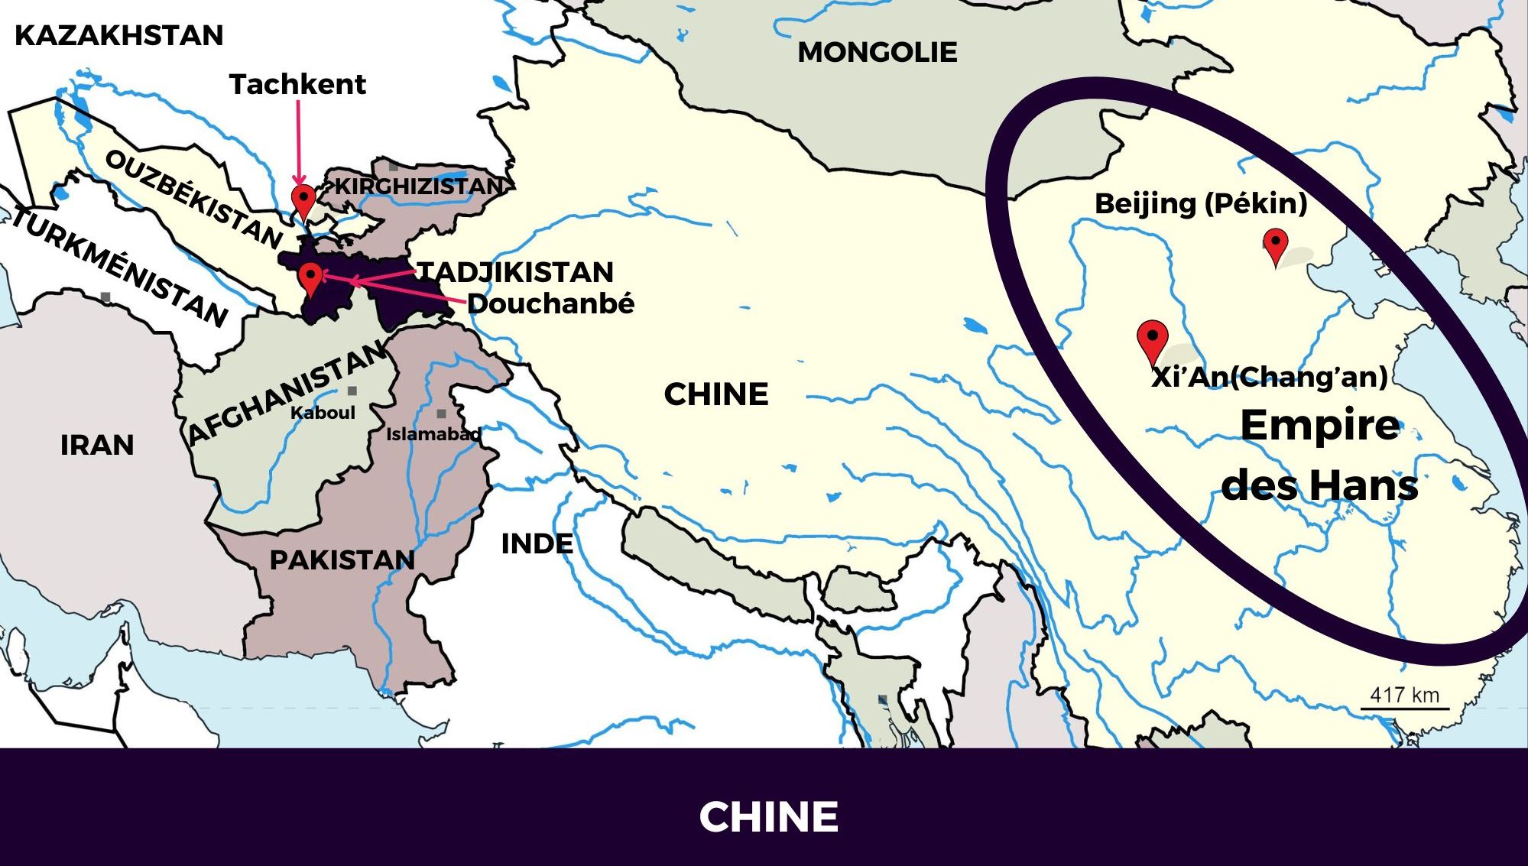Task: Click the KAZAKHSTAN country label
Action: coord(118,35)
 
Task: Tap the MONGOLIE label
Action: coord(877,52)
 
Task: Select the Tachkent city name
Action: coord(297,84)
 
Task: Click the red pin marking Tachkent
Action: coord(303,200)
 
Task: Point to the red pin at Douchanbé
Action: coord(310,277)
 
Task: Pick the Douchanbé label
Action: coord(550,303)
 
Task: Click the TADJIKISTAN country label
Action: coord(515,272)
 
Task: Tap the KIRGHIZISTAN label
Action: coord(419,186)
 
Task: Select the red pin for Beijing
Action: coord(1275,245)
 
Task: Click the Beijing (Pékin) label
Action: coord(1201,203)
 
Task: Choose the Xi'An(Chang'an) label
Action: coord(1269,377)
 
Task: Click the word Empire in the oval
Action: coord(1319,425)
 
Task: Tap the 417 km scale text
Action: coord(1404,695)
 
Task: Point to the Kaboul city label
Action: coord(323,413)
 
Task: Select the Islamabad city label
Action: coord(433,434)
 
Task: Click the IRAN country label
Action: coord(97,445)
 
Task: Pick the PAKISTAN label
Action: coord(342,559)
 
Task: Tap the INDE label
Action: coord(537,543)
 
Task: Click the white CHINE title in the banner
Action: coord(768,816)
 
